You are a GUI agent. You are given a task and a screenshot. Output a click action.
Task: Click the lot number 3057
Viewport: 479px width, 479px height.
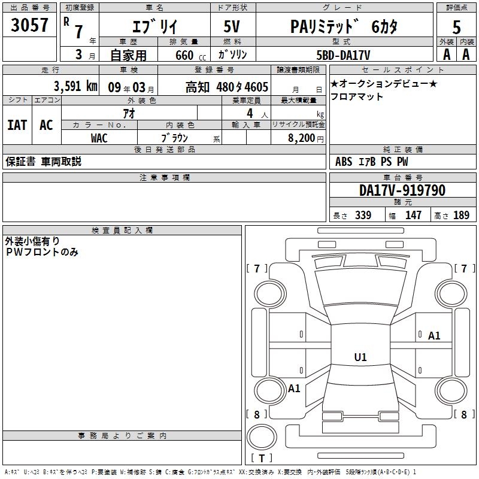(29, 25)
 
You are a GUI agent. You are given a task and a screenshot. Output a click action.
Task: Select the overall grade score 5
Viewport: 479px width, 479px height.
(456, 27)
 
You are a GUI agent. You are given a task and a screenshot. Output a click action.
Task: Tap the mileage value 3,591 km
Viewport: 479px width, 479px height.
(76, 86)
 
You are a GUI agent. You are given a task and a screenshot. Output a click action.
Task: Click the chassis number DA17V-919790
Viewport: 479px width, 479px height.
(402, 190)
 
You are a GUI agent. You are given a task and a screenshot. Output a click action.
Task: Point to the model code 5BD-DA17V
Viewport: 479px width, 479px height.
(343, 55)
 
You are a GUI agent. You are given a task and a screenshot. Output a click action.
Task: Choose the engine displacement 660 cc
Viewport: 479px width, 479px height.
(190, 55)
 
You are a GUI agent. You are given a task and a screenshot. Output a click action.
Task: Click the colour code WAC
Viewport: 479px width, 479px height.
(99, 138)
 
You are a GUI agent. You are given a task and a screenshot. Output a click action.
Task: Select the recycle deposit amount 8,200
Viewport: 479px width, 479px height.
(301, 138)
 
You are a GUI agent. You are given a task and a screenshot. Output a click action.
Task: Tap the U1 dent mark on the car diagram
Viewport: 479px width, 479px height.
(360, 357)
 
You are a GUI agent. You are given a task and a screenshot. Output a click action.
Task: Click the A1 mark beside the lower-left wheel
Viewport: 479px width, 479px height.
(294, 389)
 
